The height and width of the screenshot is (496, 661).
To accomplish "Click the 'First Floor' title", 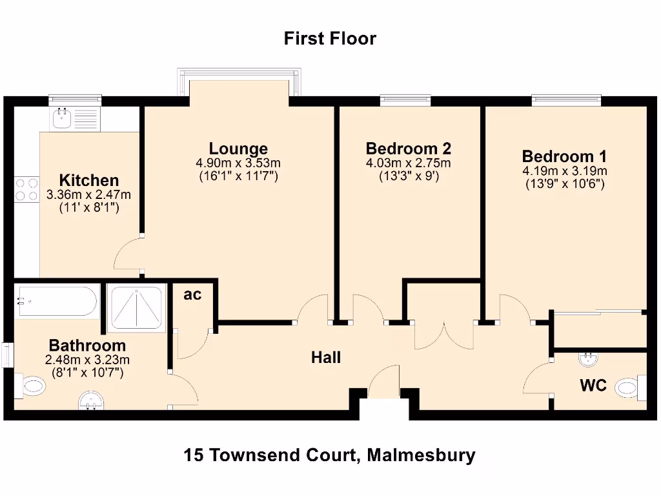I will click(330, 39).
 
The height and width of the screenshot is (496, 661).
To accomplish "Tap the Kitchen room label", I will click(89, 180).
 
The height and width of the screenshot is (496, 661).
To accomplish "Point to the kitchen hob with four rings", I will click(26, 189).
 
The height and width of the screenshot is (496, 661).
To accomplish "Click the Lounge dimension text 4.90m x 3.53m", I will click(239, 163).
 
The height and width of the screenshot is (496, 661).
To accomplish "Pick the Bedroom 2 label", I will click(408, 148).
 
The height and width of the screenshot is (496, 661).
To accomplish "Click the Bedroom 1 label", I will click(564, 156).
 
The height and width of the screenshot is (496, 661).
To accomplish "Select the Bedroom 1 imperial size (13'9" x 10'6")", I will click(564, 184).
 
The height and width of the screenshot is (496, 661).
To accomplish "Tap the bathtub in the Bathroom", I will click(57, 301).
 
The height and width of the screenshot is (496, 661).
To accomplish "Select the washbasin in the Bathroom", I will click(94, 402).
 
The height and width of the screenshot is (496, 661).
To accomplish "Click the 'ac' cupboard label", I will click(192, 295).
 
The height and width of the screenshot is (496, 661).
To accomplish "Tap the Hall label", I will click(326, 357).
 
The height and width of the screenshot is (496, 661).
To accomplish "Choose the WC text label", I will click(593, 386).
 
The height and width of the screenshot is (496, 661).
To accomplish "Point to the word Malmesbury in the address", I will click(421, 455).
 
